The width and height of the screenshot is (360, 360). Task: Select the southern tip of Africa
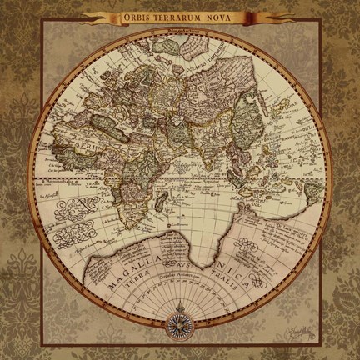tap(107, 214)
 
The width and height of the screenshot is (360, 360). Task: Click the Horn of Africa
tap(148, 157)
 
